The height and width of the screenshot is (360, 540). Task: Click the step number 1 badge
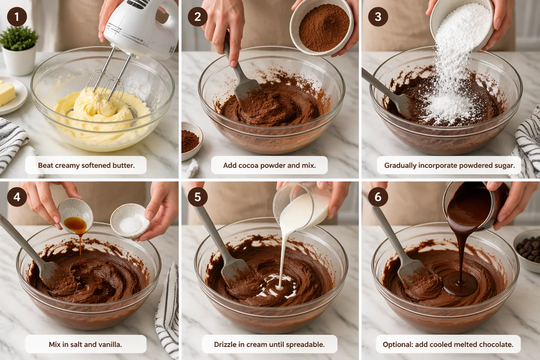point(17,17)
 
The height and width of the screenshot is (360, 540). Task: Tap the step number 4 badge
point(17,197)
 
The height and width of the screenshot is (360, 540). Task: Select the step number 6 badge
point(378,197)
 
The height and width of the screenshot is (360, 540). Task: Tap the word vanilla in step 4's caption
point(110,344)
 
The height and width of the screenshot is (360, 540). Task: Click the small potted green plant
point(19,51)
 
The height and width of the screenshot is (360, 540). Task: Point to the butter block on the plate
point(7,93)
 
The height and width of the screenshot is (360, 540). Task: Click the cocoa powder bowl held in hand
point(321,27)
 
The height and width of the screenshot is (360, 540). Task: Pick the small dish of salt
point(130,221)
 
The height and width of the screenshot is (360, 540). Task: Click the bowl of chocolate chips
point(527,251)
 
